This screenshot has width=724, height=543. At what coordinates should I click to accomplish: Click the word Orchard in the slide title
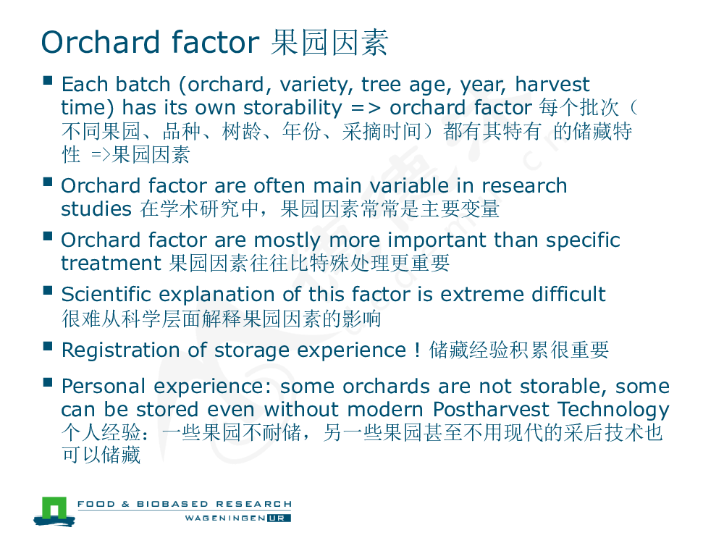coord(101,43)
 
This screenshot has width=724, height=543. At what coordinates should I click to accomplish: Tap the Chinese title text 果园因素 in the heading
coord(329,43)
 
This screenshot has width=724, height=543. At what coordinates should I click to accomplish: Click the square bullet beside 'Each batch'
coord(48,80)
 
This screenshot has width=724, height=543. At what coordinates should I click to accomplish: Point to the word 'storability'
coord(292,108)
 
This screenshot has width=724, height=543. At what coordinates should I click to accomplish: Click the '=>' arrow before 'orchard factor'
coord(366,109)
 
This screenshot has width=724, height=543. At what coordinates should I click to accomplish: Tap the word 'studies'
coord(96,209)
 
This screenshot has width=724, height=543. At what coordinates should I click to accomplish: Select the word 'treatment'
coord(111,264)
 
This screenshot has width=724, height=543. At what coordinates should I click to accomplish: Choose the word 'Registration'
coord(120,350)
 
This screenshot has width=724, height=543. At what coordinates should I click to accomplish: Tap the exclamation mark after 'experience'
coord(418,350)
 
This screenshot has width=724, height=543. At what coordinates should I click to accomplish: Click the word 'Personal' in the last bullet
coord(104,387)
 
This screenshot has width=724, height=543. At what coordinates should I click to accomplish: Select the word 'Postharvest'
coord(491,409)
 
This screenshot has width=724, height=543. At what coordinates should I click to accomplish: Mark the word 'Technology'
coord(614,410)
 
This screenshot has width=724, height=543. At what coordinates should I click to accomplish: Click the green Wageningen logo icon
coord(54,511)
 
